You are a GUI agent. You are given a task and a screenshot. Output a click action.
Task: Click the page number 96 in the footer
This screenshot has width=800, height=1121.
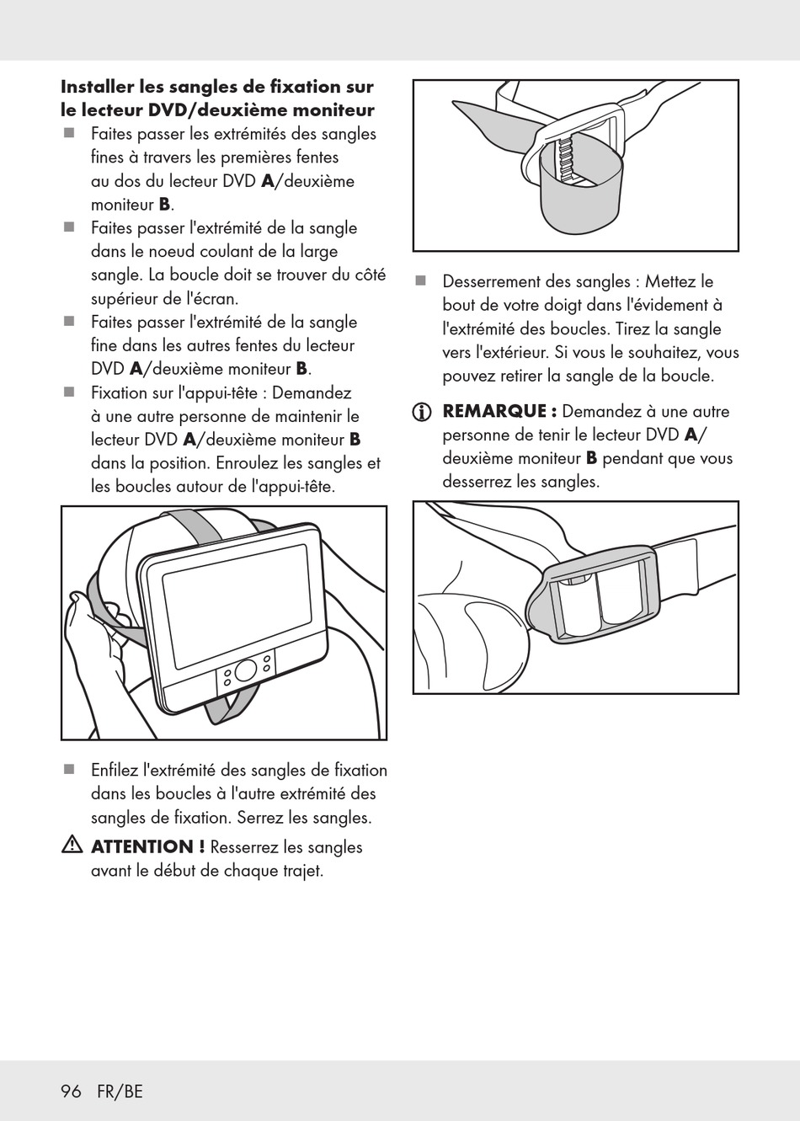click(71, 1092)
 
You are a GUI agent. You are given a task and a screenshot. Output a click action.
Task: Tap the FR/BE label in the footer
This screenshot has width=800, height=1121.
click(120, 1092)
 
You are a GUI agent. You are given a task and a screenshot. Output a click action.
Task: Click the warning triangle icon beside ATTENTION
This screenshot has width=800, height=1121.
click(71, 846)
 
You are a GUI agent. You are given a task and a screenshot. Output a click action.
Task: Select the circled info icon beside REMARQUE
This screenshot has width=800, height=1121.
click(421, 413)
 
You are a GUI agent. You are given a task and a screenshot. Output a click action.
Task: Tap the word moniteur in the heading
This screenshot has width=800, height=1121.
click(333, 110)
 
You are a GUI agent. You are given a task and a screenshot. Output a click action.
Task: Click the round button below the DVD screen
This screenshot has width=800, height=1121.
click(246, 670)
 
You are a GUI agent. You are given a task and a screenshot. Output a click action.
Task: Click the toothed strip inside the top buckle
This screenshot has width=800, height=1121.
click(567, 159)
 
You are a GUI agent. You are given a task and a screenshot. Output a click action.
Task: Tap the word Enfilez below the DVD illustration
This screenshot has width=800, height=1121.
click(115, 770)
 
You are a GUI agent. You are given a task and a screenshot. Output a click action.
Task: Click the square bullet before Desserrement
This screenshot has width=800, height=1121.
click(421, 281)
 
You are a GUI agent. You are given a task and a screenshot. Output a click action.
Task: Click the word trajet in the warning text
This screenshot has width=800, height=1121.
click(301, 871)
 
